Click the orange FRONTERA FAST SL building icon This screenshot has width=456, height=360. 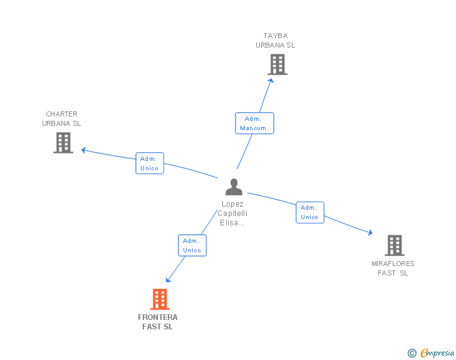160,299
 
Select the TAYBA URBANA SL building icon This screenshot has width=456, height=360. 277,64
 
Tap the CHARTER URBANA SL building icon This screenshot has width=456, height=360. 63,143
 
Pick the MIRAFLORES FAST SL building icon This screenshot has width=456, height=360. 395,245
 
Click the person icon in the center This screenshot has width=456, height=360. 234,187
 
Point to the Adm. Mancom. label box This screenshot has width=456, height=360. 254,123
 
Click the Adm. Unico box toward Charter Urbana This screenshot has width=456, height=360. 150,163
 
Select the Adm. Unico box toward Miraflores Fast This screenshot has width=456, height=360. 310,212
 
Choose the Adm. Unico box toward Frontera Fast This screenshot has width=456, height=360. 192,245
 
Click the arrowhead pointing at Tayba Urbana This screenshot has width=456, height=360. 271,81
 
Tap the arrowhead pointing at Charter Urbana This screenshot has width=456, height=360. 83,150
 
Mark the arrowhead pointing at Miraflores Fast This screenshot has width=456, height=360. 370,232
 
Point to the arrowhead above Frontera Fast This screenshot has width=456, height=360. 168,280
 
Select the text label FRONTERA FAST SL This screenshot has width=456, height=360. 158,322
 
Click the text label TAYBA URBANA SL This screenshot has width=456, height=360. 276,41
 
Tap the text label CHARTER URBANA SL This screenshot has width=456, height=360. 61,118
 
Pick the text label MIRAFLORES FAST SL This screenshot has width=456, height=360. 393,268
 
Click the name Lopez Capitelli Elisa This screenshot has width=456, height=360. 232,213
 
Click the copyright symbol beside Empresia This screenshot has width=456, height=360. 412,353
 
